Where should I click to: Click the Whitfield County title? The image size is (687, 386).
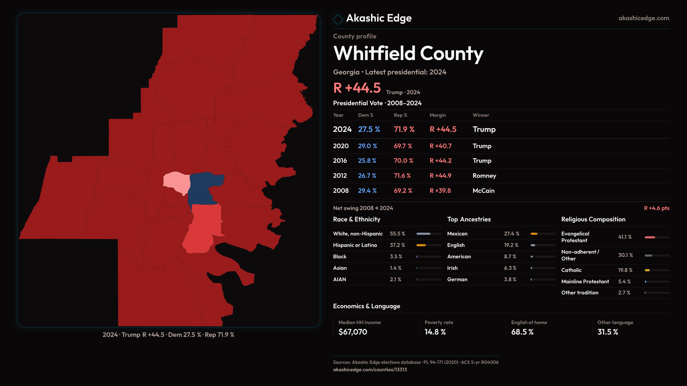coord(408,54)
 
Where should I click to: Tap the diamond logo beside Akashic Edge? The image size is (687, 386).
coord(338,19)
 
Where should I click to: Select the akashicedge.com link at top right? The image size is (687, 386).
coord(644,18)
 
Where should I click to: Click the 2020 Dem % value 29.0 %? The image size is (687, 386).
coord(367,146)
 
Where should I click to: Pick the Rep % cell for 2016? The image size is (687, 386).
coord(403,161)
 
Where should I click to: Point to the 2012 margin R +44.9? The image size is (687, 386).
coord(440,176)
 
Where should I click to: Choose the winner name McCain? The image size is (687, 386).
coord(483,191)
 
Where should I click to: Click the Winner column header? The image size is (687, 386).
coord(481,115)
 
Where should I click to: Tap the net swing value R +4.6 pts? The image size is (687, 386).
coord(657,208)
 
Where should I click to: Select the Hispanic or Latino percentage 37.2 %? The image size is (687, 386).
coord(397,245)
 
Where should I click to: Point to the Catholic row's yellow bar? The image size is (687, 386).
coord(647,270)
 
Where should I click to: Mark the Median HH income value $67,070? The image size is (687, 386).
coord(353,332)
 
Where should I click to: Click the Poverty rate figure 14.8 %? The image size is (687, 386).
coord(435,332)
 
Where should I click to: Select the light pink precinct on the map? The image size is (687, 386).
coord(176,182)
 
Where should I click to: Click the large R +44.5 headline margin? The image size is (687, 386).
coord(357,88)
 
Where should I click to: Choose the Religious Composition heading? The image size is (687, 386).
coord(593,219)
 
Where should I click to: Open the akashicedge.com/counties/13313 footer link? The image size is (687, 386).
coord(370,370)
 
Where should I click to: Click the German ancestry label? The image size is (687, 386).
coord(457,279)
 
